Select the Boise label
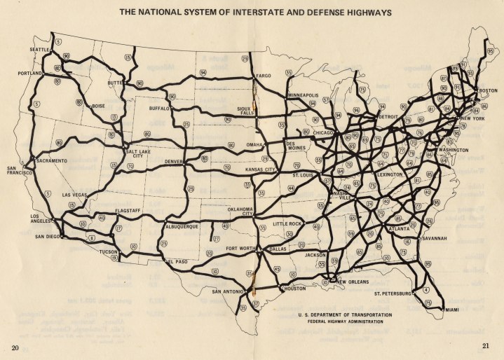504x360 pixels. coord(97,106)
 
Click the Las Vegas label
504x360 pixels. coord(75,194)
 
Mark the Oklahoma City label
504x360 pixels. coord(240,212)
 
